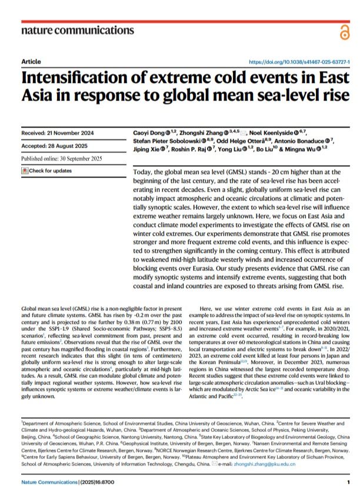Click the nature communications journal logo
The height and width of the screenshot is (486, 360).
pos(77,30)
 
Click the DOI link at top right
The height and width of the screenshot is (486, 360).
pos(299,62)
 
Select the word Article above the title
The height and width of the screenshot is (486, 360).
pos(31,62)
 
